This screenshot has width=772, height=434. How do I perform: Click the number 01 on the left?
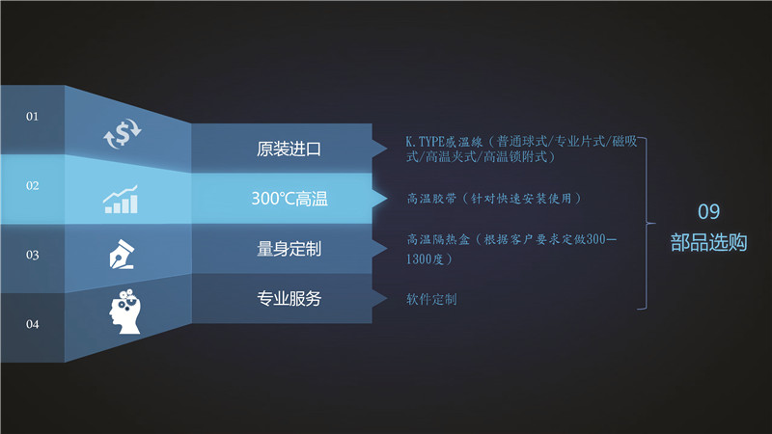(32, 116)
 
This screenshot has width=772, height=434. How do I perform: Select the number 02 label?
(32, 185)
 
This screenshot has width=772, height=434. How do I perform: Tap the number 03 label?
(32, 255)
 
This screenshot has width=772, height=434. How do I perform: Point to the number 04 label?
(32, 324)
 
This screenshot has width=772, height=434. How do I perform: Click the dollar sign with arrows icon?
(123, 133)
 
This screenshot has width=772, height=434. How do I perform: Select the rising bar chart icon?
(121, 200)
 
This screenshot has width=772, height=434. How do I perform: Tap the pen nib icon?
(122, 254)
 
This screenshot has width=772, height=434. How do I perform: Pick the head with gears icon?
(125, 312)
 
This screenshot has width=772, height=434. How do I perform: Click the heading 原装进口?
(289, 149)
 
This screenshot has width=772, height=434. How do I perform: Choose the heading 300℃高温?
(289, 199)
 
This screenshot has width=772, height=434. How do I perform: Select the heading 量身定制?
(289, 249)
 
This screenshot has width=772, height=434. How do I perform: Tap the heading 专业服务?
(289, 298)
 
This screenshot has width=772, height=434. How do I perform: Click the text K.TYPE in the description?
(425, 142)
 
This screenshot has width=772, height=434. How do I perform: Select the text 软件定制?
(431, 299)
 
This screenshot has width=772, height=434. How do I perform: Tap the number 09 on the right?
(708, 211)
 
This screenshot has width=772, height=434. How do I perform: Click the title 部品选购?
(708, 243)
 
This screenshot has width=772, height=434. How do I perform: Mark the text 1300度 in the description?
(425, 259)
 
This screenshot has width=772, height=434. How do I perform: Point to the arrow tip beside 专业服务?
(387, 298)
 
